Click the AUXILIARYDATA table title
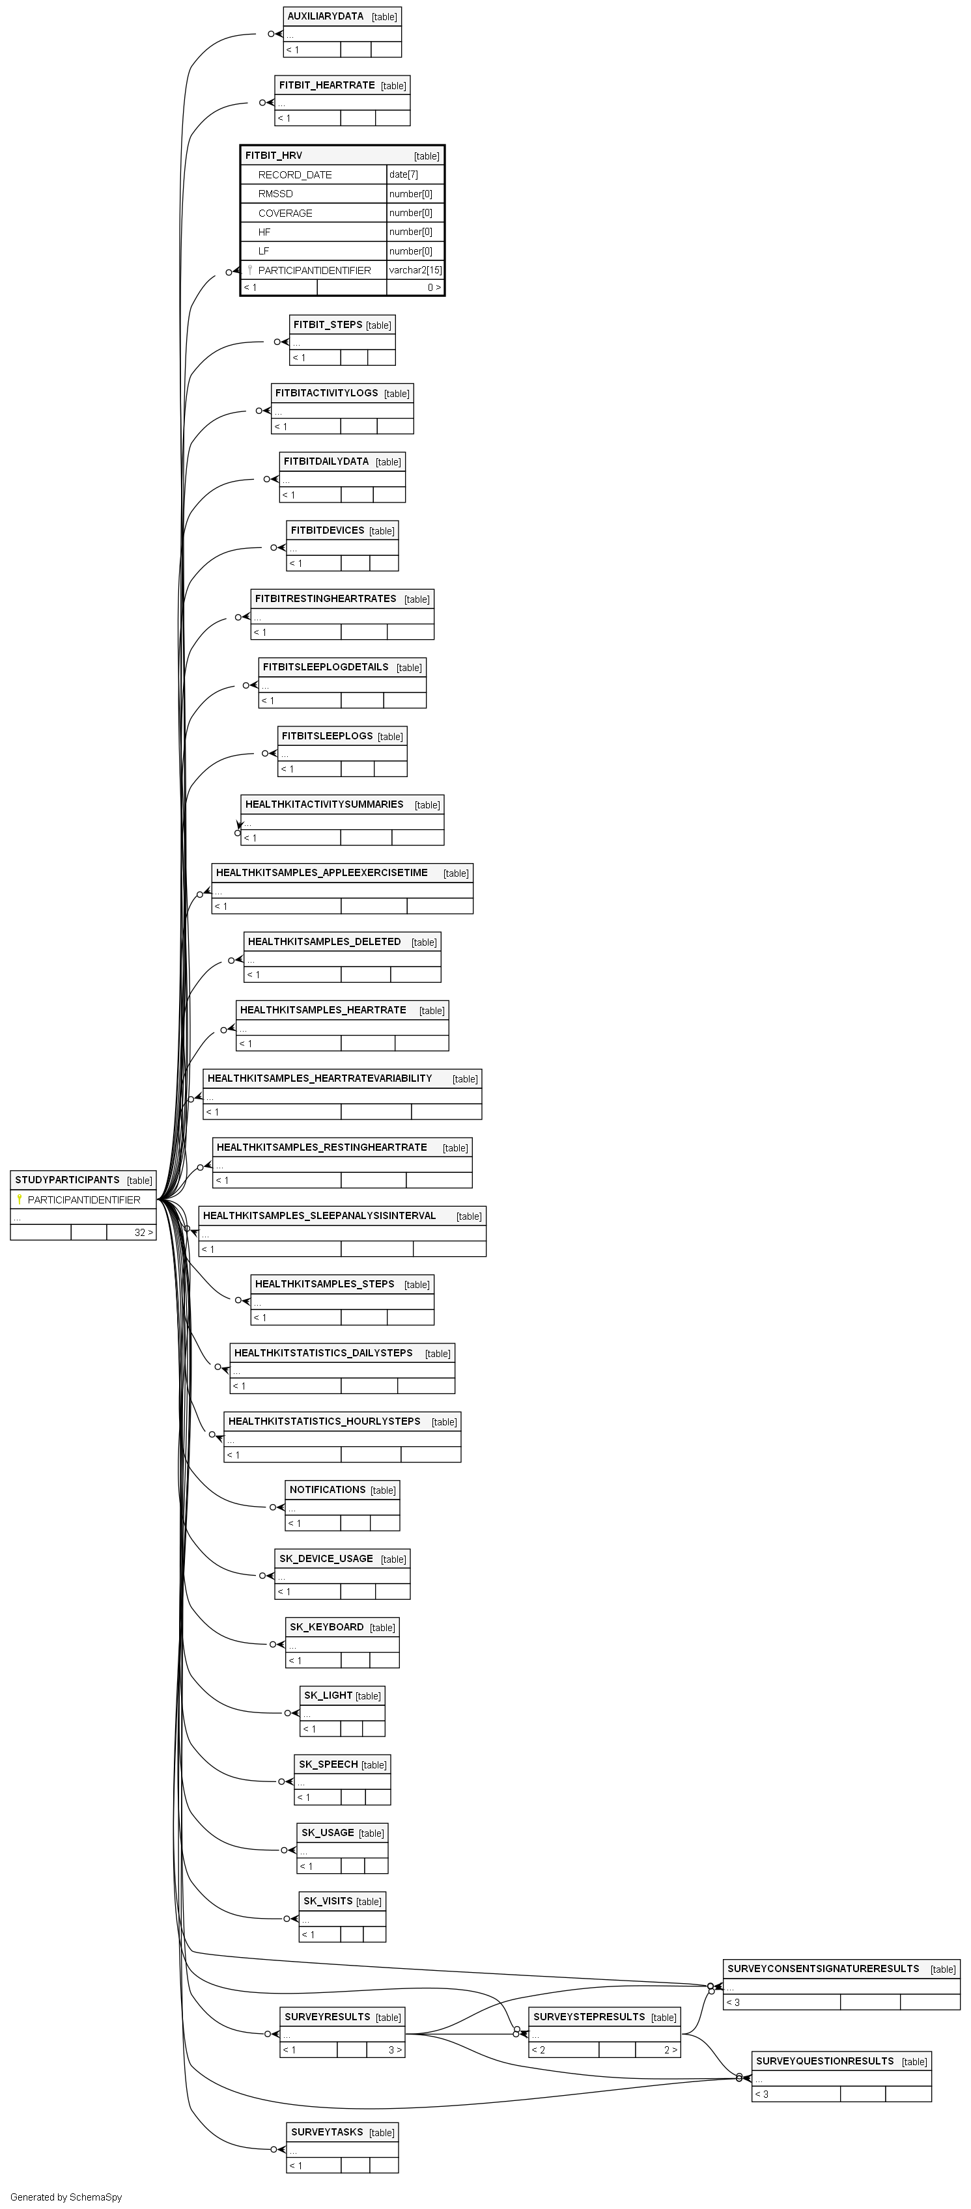point(325,16)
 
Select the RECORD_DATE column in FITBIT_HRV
point(294,175)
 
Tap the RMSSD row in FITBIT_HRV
point(275,194)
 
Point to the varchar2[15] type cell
point(415,270)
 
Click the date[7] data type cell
point(403,175)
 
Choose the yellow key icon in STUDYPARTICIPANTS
point(20,1200)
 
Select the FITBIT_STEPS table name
point(328,325)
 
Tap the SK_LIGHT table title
point(328,1695)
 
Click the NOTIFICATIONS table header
point(328,1490)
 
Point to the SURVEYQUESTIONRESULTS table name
point(824,2061)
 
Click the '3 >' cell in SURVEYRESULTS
point(395,2050)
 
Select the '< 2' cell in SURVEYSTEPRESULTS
point(539,2050)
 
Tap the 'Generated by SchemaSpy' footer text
point(66,2197)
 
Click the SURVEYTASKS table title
point(327,2132)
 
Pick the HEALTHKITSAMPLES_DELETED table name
point(324,942)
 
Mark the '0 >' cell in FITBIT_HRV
point(434,287)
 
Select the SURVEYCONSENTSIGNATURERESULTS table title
point(823,1969)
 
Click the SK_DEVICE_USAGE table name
point(326,1558)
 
